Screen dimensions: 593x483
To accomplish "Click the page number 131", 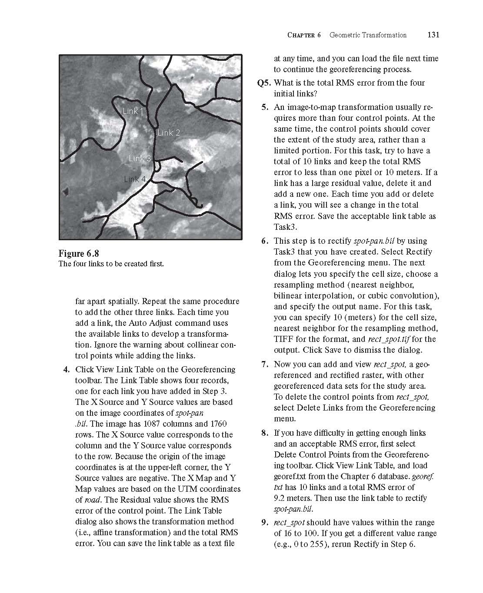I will (x=433, y=35).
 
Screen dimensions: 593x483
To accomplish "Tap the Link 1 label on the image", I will (x=133, y=111).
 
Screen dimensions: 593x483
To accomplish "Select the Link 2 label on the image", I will (x=169, y=133).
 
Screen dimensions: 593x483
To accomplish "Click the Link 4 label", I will (x=135, y=179).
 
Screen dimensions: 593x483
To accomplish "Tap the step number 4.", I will (x=66, y=370).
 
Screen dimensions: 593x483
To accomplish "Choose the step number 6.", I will (x=265, y=241).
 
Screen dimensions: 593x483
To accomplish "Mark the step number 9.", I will (x=265, y=523).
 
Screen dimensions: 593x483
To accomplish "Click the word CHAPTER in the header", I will (x=301, y=35).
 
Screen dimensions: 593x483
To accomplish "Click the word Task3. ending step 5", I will (x=286, y=227).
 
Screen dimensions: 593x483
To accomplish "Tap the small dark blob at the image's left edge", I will (x=67, y=190).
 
